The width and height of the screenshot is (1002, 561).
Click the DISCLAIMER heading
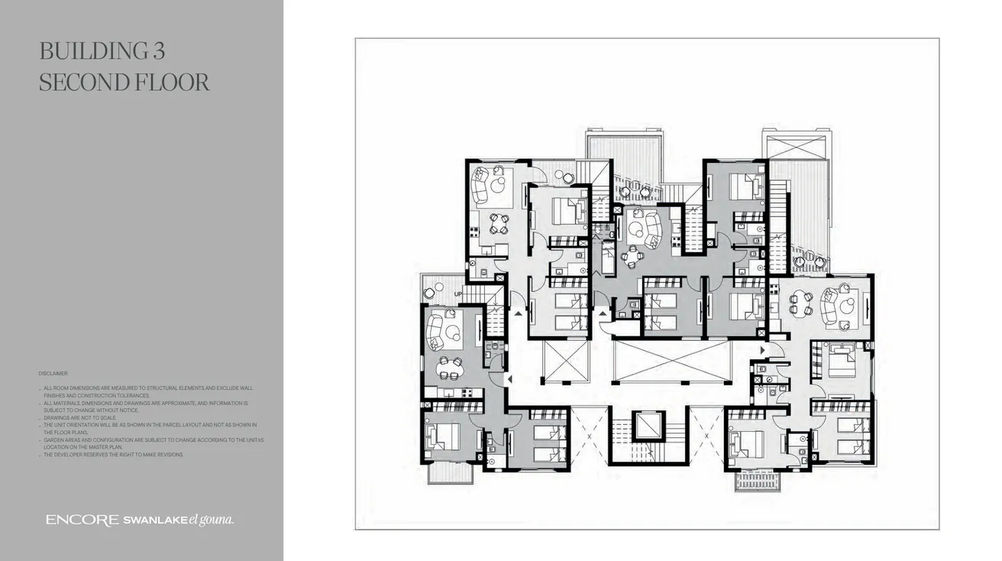[x=53, y=374]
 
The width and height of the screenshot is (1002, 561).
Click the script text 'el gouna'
[x=212, y=520]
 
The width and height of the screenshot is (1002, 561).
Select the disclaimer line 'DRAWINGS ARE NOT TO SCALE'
[x=79, y=418]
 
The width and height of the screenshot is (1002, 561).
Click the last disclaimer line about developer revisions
[x=113, y=455]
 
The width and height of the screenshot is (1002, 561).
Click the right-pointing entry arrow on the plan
[x=761, y=350]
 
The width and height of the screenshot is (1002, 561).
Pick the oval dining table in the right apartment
[x=800, y=304]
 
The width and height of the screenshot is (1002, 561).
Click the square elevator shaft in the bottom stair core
[x=649, y=425]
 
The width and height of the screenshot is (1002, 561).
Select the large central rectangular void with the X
[x=671, y=362]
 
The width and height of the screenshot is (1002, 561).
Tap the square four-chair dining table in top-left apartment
[x=498, y=223]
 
